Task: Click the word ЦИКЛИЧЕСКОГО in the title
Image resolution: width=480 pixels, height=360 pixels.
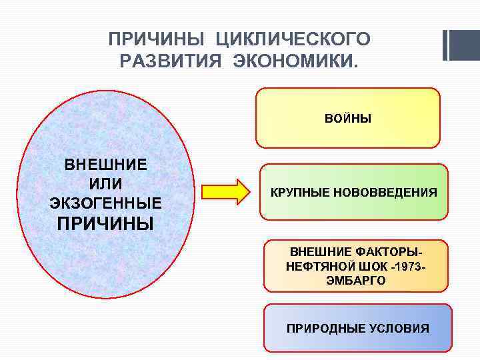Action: point(297,39)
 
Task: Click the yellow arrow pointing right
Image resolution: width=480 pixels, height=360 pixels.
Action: point(224,192)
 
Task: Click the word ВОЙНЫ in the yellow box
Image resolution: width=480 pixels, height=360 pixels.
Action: point(348,119)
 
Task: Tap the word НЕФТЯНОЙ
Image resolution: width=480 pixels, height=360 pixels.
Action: point(315,267)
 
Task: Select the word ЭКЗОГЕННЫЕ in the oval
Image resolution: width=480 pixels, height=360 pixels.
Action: point(105,202)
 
